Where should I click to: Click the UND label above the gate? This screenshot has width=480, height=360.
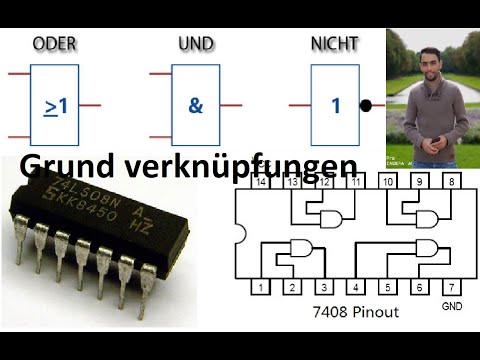196,44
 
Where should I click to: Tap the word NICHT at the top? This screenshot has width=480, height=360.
336,44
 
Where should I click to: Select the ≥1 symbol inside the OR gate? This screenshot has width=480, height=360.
55,104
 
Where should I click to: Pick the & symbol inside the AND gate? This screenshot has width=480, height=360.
195,104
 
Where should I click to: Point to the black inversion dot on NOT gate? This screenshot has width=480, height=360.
366,104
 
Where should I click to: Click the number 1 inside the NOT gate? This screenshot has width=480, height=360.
336,104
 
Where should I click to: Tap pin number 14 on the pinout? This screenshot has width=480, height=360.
261,182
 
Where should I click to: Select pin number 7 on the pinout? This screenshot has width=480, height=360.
452,288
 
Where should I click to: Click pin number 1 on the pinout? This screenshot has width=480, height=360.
261,288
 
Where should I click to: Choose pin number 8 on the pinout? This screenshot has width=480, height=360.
452,182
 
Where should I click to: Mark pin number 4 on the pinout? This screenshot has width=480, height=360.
357,288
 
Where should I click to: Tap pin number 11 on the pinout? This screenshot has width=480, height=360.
357,182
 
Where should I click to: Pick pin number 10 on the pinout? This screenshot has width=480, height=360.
389,182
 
